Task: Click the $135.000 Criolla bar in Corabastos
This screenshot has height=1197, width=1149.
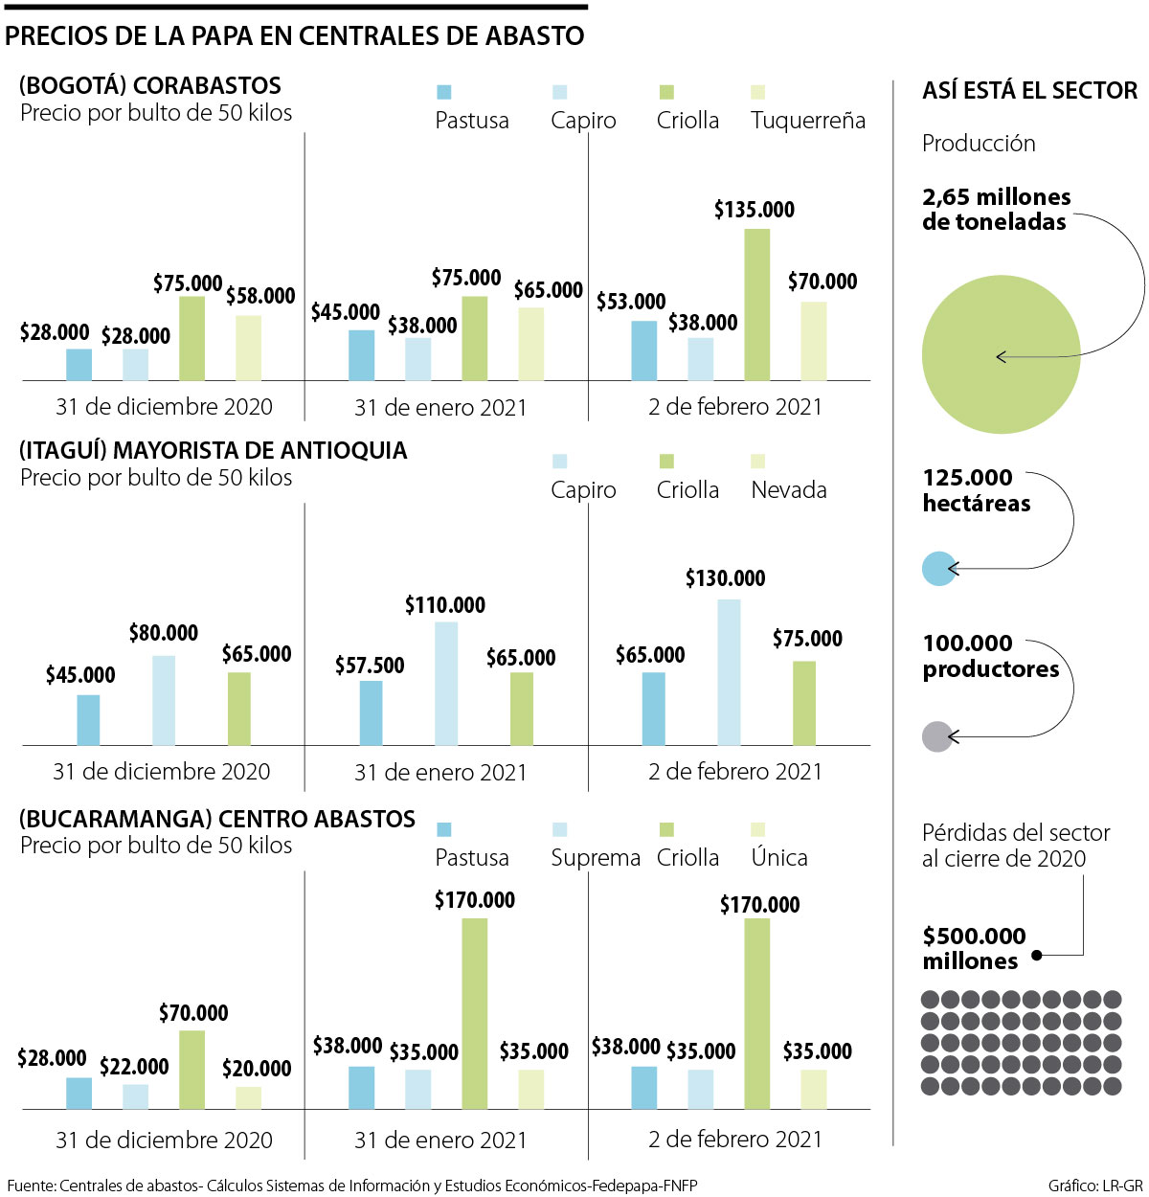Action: [x=756, y=305]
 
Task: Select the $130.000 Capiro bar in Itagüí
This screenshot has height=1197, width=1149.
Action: [x=729, y=672]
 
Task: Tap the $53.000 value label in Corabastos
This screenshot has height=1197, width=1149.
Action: [x=631, y=302]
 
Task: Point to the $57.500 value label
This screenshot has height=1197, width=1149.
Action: [x=370, y=666]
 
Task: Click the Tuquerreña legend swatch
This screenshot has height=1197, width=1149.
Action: [x=758, y=93]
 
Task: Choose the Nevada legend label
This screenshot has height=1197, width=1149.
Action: [x=789, y=490]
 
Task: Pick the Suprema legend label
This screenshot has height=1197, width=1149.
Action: [x=595, y=858]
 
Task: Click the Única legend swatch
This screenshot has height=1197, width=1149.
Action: [x=758, y=830]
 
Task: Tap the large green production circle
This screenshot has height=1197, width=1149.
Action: [x=1001, y=354]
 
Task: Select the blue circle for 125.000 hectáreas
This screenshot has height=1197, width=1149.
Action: [x=939, y=569]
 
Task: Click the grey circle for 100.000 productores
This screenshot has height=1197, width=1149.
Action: [x=936, y=736]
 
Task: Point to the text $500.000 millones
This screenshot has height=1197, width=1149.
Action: [x=974, y=948]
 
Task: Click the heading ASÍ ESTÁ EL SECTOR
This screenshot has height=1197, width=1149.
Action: [x=1030, y=91]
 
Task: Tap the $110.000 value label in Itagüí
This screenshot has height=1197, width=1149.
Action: [x=445, y=605]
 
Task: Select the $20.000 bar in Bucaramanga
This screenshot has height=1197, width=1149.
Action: [x=249, y=1097]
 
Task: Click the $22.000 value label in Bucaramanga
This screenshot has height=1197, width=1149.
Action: [x=134, y=1067]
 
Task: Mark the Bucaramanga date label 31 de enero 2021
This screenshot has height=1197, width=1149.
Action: [x=440, y=1141]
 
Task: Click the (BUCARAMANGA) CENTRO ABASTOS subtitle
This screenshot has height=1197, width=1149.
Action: [x=217, y=819]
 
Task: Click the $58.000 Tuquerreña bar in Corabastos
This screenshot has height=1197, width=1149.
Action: [x=249, y=348]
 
